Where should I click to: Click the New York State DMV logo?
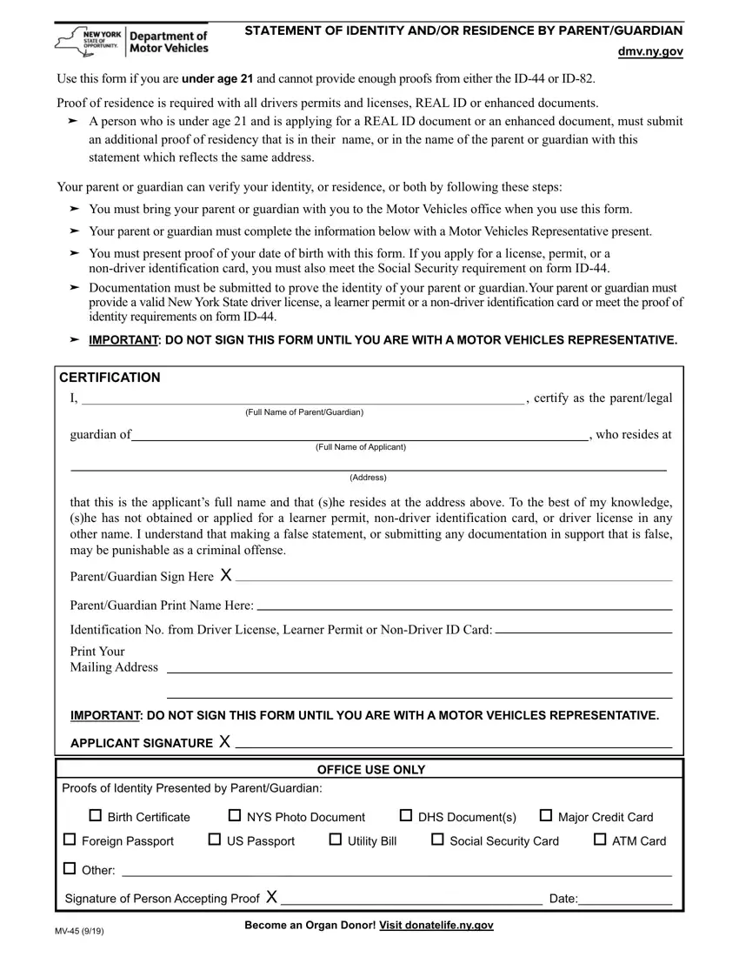click(131, 41)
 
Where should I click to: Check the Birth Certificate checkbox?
click(95, 816)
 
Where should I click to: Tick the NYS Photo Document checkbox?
click(235, 816)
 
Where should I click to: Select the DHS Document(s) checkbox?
click(405, 816)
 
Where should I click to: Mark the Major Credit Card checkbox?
click(546, 816)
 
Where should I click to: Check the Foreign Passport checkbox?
click(69, 840)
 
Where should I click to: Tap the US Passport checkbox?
click(214, 840)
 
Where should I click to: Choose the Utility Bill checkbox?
click(336, 840)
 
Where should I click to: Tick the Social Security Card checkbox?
click(437, 840)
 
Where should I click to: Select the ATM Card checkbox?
click(600, 840)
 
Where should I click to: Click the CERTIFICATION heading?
click(110, 378)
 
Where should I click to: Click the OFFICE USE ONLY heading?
click(371, 770)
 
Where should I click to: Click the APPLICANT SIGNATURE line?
click(452, 744)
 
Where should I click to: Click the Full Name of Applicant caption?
click(361, 447)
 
